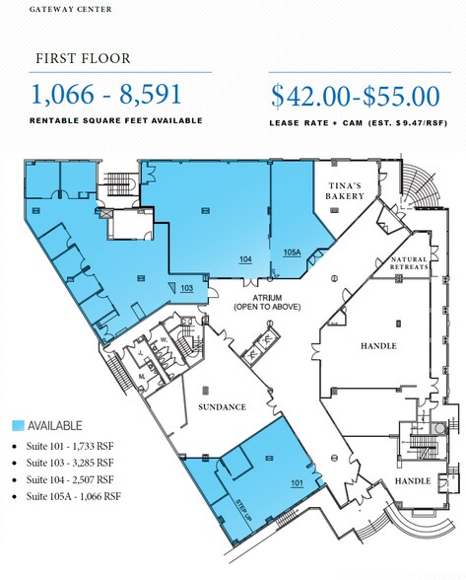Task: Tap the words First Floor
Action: coord(79,58)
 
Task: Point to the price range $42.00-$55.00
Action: coord(354,96)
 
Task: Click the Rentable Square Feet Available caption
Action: coord(117,120)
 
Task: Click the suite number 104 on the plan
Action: coord(244,258)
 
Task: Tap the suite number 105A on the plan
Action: coord(291,254)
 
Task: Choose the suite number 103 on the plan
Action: coord(186,288)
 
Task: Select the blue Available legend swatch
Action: coord(17,426)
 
